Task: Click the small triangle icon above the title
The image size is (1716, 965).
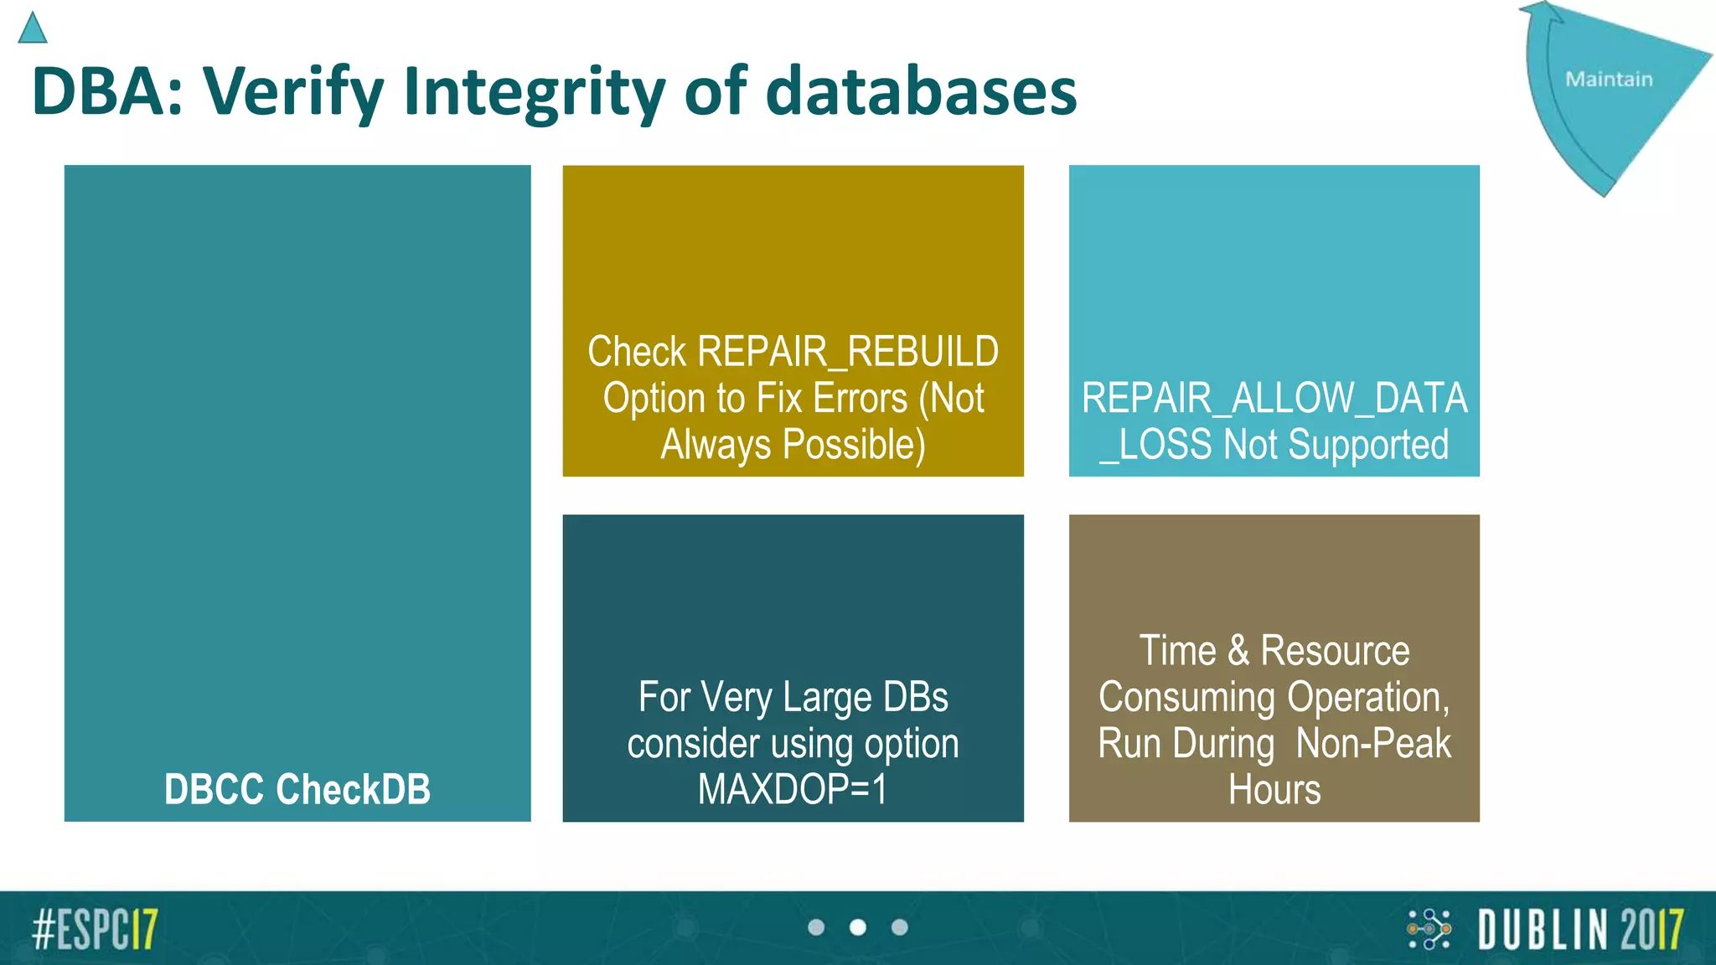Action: [x=32, y=29]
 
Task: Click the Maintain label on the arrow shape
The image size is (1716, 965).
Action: [x=1609, y=80]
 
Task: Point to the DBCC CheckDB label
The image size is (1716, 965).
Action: [x=297, y=789]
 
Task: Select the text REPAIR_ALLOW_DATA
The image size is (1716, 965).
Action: [x=1274, y=398]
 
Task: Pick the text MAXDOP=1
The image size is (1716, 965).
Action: [x=793, y=789]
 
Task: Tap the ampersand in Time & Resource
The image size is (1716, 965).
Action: [x=1238, y=651]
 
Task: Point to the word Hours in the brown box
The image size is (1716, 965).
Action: [x=1274, y=789]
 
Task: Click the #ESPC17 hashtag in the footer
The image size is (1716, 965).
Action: [x=95, y=928]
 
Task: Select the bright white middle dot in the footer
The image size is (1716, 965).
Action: [x=857, y=927]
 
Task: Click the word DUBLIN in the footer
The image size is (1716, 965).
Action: [x=1543, y=929]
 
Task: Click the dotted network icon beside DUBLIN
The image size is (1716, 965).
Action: [x=1429, y=929]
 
